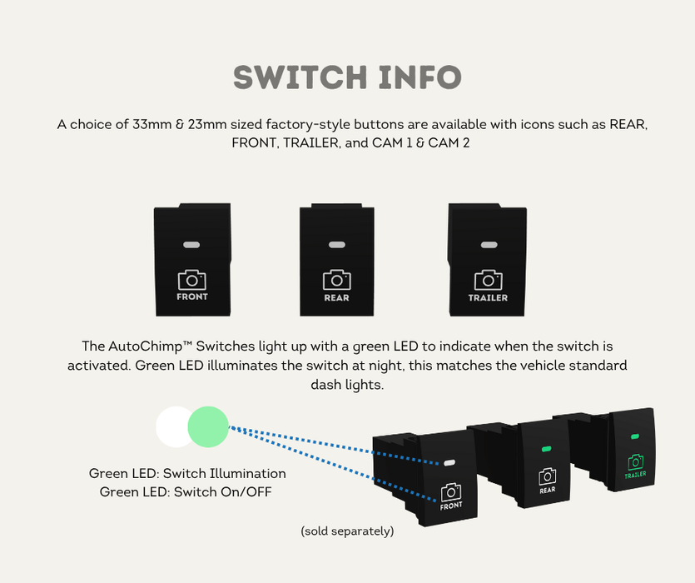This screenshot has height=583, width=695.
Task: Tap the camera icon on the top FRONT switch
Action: coord(192,280)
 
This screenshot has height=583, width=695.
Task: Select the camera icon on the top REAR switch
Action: coord(336,280)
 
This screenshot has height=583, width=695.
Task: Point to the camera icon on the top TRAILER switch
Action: coord(488,280)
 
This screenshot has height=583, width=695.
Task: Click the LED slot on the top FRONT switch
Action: coord(192,245)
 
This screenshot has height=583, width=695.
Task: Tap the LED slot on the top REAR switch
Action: coord(336,245)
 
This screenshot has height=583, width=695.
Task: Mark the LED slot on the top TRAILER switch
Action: coord(488,245)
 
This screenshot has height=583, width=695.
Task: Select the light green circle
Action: coord(208,426)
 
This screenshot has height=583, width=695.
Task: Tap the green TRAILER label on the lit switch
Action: coord(635,476)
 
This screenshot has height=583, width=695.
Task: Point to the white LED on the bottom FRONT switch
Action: coord(449,462)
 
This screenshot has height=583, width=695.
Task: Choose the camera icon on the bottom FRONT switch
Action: coord(451,491)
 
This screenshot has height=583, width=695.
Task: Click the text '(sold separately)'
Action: coord(347,531)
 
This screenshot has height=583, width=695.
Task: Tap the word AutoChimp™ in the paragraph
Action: coord(148,346)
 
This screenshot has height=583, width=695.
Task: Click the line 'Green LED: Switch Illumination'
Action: coord(187,474)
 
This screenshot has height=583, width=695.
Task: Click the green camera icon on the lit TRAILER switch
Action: coord(635,461)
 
